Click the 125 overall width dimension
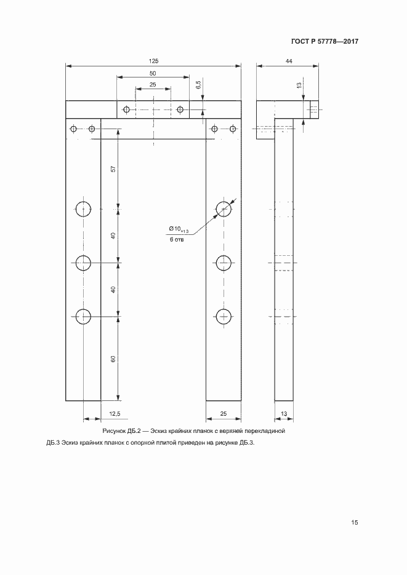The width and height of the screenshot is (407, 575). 153,61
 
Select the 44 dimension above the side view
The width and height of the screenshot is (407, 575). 288,61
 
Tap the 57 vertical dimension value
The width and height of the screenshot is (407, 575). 113,169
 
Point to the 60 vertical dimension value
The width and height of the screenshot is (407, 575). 113,359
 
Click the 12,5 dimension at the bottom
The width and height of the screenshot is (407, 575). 115,414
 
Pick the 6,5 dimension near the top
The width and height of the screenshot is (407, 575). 198,85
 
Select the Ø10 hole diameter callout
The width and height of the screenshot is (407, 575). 179,229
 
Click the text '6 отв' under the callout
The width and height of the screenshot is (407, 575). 177,240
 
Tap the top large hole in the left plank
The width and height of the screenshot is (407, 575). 84,209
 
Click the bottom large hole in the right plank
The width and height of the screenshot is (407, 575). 224,317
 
